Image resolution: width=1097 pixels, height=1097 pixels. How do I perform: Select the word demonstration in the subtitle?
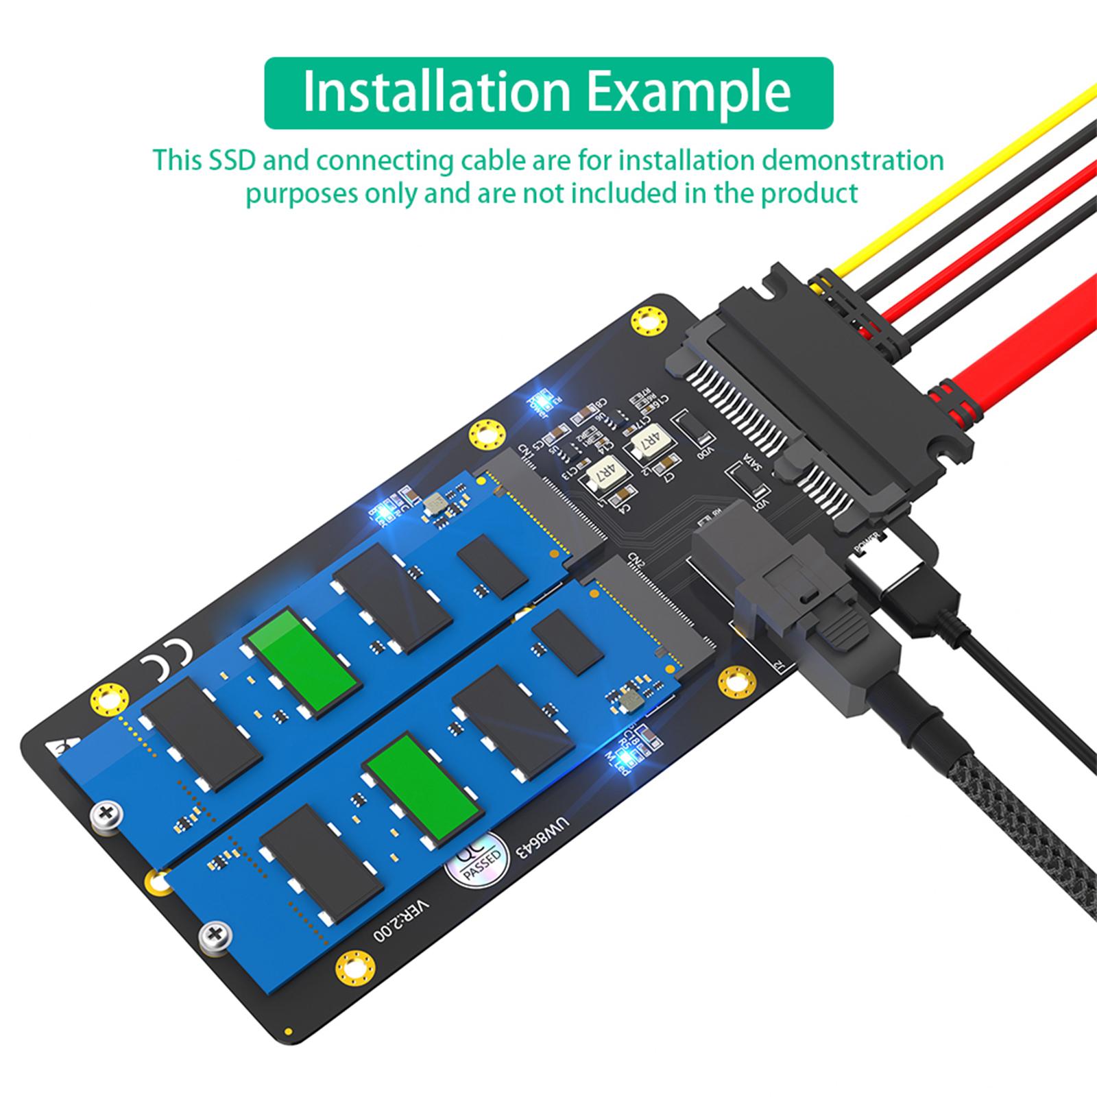(853, 160)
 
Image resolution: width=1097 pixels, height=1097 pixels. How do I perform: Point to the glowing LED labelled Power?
(546, 402)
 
